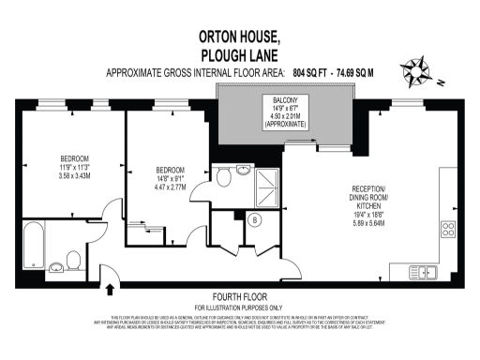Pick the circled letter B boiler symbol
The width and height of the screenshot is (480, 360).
click(253, 221)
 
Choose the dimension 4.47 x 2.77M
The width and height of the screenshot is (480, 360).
click(172, 187)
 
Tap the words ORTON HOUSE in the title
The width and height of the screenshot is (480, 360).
click(240, 37)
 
